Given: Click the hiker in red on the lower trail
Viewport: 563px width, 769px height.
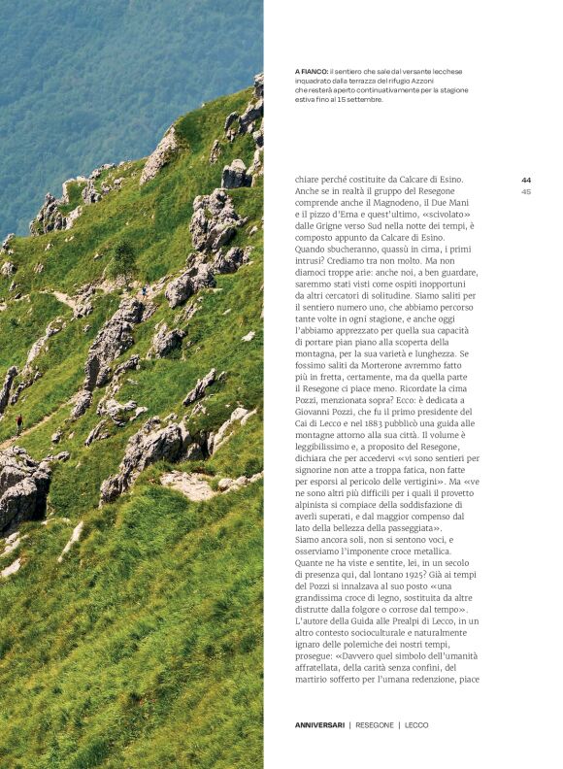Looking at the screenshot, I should click(x=18, y=421).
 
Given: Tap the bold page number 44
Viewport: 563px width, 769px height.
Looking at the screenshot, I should click(x=526, y=180).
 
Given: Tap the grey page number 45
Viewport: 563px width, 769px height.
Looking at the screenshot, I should click(x=526, y=191).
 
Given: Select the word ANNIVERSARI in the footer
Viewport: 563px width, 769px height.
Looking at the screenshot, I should click(x=319, y=725).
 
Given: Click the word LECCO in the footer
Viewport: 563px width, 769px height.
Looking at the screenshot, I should click(x=417, y=725).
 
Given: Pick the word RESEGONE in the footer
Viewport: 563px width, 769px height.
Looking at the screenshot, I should click(x=375, y=725).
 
